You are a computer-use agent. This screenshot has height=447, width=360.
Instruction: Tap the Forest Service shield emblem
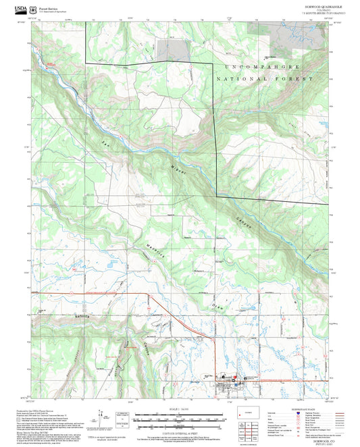(x=34, y=9)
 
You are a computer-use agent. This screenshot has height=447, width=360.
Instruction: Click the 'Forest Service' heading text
(x=48, y=7)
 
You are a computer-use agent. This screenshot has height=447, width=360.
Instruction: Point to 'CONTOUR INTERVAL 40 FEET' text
(x=180, y=431)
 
